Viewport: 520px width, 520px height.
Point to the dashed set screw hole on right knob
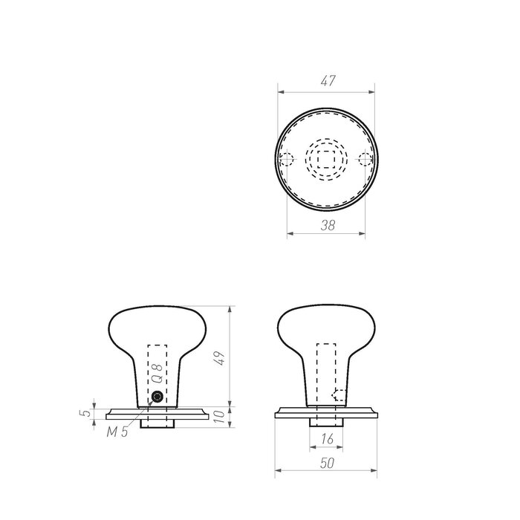(x=339, y=395)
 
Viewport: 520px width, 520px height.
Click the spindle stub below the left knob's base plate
(x=157, y=421)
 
